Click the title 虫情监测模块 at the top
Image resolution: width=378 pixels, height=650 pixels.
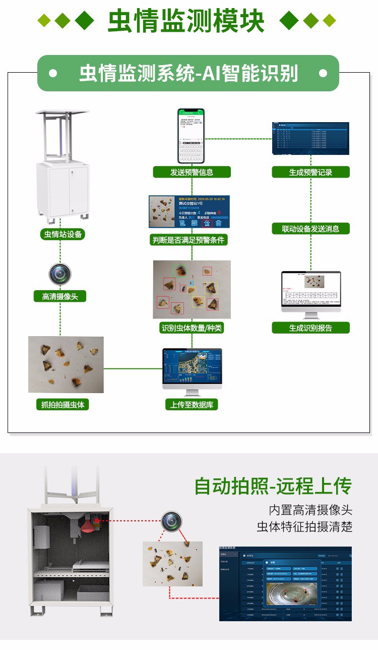pos(186,21)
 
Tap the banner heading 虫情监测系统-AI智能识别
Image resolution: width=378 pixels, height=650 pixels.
pos(188,73)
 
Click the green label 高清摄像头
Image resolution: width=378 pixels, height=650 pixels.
pos(60,297)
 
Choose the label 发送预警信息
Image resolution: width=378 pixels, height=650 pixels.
pos(192,172)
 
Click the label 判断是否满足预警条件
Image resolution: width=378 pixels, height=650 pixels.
pos(189,240)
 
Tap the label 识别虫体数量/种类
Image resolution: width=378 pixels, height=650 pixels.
pos(192,328)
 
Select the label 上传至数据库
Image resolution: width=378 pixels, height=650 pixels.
pos(192,404)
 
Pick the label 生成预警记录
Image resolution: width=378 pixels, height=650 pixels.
pos(310,172)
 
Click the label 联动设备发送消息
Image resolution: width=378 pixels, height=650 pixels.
pos(310,229)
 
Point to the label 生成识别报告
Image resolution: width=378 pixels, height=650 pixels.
pos(310,328)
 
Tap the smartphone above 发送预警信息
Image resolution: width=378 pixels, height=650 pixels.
pos(191,135)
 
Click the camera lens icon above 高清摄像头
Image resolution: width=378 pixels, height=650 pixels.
pos(60,274)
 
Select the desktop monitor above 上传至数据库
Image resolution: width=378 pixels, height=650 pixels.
pos(192,370)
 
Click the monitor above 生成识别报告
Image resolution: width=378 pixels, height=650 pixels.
pos(310,294)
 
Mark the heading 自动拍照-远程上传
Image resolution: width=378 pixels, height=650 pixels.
pos(273,486)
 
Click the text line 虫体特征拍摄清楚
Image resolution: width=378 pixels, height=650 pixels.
pos(304,527)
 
